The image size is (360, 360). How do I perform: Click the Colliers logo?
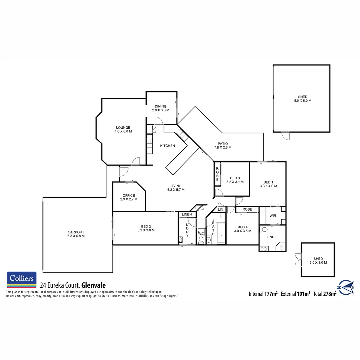tap(21, 280)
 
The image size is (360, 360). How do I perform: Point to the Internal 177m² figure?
tap(263, 294)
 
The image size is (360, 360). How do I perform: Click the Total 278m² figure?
tap(325, 294)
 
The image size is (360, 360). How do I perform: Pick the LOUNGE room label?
tap(123, 129)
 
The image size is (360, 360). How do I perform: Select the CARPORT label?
tap(76, 234)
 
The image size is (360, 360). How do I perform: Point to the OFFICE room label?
tap(128, 197)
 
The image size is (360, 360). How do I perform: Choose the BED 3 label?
tap(235, 180)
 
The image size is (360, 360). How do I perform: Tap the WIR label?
tap(273, 216)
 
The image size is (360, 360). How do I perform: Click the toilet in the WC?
tap(201, 240)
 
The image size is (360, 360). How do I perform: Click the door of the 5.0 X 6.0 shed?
tap(285, 136)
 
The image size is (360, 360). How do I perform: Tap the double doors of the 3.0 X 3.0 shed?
tap(298, 260)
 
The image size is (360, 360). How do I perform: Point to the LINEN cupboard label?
tap(187, 214)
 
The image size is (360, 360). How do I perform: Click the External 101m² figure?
tap(295, 294)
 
